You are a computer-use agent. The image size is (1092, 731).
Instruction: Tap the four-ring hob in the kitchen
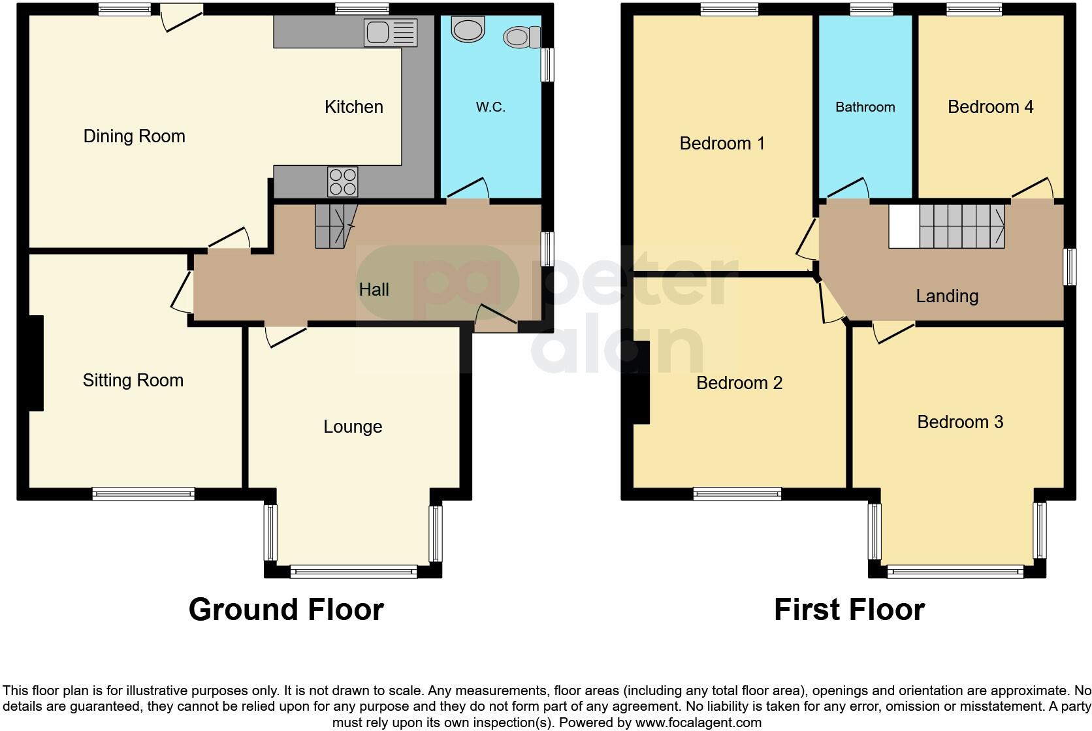pyautogui.click(x=343, y=181)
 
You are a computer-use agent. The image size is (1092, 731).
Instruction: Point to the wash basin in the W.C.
pyautogui.click(x=468, y=29)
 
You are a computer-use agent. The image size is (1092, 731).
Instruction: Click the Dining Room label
pyautogui.click(x=134, y=136)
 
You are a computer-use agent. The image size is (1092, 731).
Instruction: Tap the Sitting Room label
pyautogui.click(x=133, y=381)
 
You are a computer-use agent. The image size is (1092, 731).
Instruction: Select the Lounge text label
pyautogui.click(x=353, y=427)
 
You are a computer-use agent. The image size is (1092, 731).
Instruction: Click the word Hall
pyautogui.click(x=374, y=290)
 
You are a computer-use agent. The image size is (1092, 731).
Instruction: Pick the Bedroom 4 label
pyautogui.click(x=990, y=107)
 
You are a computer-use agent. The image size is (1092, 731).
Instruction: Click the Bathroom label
pyautogui.click(x=865, y=107)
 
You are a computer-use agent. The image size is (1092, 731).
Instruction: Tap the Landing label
pyautogui.click(x=946, y=296)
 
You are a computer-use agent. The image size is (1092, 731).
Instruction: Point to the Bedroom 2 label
pyautogui.click(x=739, y=383)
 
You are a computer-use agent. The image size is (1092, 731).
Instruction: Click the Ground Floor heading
pyautogui.click(x=286, y=610)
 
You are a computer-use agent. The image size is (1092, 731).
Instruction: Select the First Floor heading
pyautogui.click(x=849, y=610)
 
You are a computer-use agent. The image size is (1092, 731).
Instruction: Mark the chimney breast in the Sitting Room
pyautogui.click(x=35, y=363)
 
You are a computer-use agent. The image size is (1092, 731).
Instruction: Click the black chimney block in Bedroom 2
pyautogui.click(x=641, y=382)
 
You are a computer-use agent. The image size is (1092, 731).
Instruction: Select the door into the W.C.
pyautogui.click(x=467, y=191)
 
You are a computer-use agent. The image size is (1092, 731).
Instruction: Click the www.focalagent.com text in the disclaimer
pyautogui.click(x=698, y=723)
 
